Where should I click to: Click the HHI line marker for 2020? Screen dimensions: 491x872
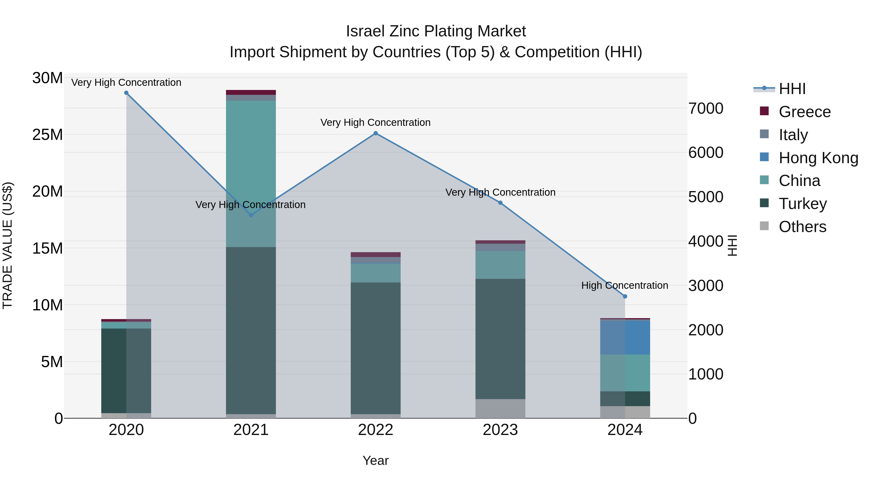(126, 93)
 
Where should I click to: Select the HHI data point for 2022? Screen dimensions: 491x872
(375, 134)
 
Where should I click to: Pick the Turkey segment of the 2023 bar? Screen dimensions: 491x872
(500, 339)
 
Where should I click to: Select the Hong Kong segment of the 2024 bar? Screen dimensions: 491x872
(625, 337)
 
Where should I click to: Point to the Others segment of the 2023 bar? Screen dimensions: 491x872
(500, 408)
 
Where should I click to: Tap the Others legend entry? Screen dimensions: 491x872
(802, 227)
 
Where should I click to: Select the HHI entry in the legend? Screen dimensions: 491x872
(792, 89)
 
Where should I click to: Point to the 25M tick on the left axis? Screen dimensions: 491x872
(47, 135)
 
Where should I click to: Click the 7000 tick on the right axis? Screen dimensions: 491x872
(706, 108)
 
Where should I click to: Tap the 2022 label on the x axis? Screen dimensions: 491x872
(375, 430)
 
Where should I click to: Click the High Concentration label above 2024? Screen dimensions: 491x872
(624, 285)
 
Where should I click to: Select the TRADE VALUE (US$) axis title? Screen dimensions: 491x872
(8, 245)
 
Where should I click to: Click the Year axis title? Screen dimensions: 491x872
(375, 460)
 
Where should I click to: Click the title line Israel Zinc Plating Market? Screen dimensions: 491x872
(436, 31)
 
